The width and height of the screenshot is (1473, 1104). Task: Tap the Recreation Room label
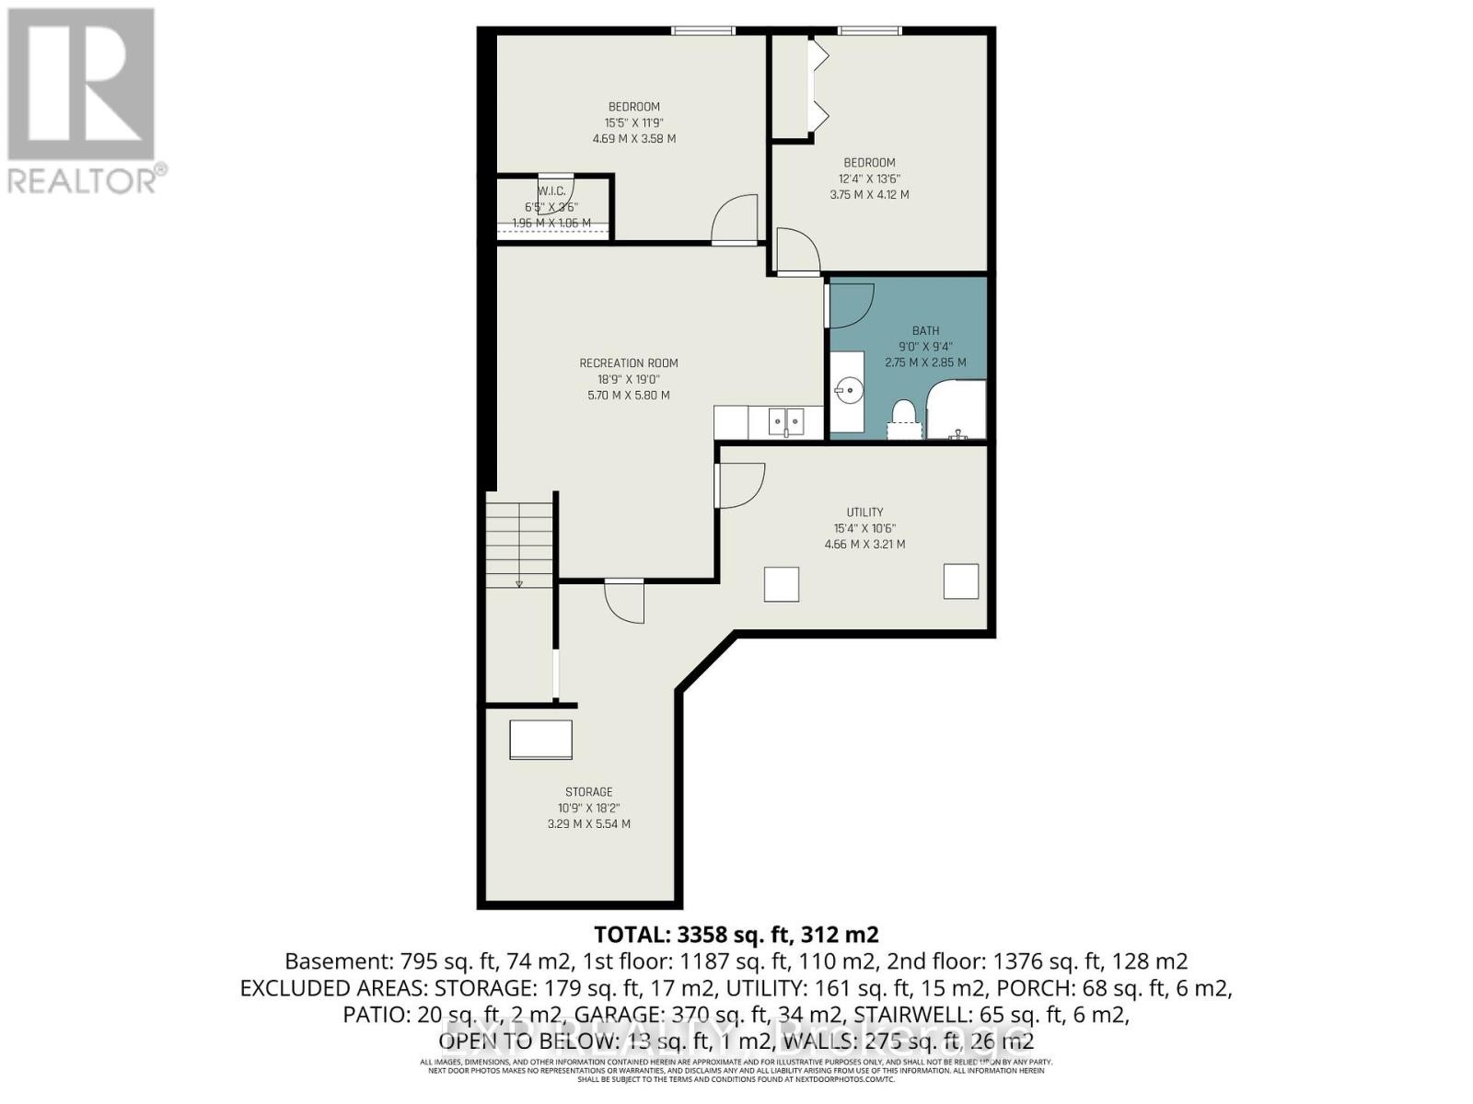(629, 362)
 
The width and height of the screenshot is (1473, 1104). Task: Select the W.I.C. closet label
(551, 191)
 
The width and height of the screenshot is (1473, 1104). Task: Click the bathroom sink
(849, 391)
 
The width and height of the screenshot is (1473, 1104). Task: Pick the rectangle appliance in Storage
(541, 740)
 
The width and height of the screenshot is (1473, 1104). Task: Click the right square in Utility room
(961, 581)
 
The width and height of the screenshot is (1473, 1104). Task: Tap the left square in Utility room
(782, 584)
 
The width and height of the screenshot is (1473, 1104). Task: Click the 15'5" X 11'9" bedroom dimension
(634, 122)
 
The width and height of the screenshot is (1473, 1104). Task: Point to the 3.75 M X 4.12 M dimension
(870, 195)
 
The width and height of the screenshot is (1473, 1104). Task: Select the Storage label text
(589, 791)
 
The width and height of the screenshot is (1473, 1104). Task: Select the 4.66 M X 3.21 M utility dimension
(864, 545)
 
